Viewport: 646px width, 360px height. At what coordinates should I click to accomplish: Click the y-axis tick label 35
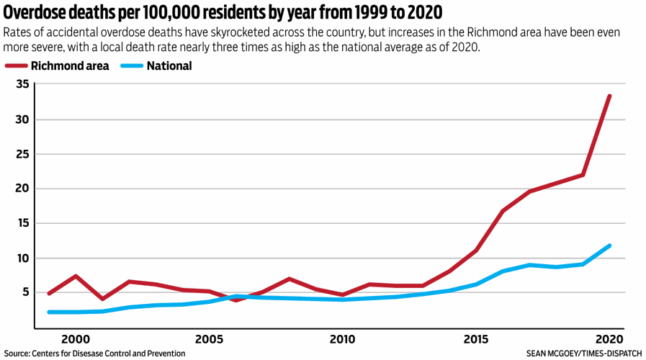[22, 84]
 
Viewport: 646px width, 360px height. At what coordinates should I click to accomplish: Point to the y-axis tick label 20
[22, 189]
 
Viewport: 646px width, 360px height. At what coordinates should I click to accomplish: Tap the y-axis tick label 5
[24, 292]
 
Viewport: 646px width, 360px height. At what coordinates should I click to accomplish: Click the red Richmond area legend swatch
[16, 66]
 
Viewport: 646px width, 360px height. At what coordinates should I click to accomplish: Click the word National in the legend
[169, 66]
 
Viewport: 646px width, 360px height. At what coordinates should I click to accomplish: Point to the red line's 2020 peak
[610, 96]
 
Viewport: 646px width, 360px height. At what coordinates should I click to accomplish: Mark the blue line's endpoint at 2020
[610, 246]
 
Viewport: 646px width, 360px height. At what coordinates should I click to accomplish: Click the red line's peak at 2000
[76, 276]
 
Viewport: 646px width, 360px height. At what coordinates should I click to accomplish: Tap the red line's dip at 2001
[102, 299]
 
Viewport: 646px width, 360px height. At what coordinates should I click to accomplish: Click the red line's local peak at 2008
[289, 279]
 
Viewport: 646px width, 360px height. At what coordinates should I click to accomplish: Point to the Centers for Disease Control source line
[94, 353]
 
